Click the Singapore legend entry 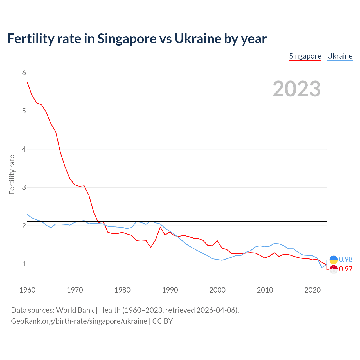click(305, 56)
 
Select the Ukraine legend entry click(340, 56)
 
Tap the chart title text click(137, 39)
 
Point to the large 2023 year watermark click(297, 89)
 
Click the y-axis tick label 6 click(24, 73)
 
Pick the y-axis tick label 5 click(24, 111)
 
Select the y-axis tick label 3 click(24, 187)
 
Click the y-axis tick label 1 click(24, 264)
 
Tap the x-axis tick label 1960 click(27, 290)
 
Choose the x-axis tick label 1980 click(122, 290)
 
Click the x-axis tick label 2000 click(217, 290)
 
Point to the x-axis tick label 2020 click(312, 290)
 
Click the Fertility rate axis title click(12, 174)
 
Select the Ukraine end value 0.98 click(346, 259)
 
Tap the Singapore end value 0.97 click(346, 269)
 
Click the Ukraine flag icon click(334, 260)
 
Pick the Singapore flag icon click(334, 269)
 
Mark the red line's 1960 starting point click(27, 82)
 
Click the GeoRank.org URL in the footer click(79, 321)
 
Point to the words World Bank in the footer click(75, 310)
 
